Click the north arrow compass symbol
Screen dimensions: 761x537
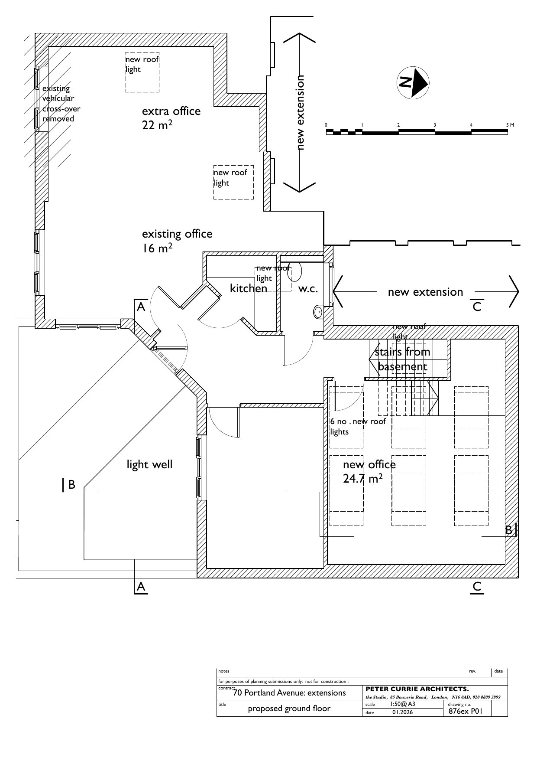[413, 82]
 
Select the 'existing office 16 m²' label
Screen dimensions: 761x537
[177, 241]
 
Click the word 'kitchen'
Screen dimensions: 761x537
[248, 288]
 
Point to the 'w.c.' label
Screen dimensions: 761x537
[308, 289]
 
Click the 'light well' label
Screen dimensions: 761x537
[149, 465]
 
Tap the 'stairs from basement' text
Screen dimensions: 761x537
[402, 359]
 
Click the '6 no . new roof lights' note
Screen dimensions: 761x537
[357, 427]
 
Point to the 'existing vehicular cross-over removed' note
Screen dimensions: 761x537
[61, 104]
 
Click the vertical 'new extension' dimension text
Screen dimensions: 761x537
[301, 113]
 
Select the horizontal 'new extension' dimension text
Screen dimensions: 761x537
[425, 292]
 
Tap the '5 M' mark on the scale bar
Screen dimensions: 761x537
[510, 125]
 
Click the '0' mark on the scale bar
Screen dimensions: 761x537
[327, 125]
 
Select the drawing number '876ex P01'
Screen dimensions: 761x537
[465, 711]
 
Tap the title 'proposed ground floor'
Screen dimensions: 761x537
[289, 709]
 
